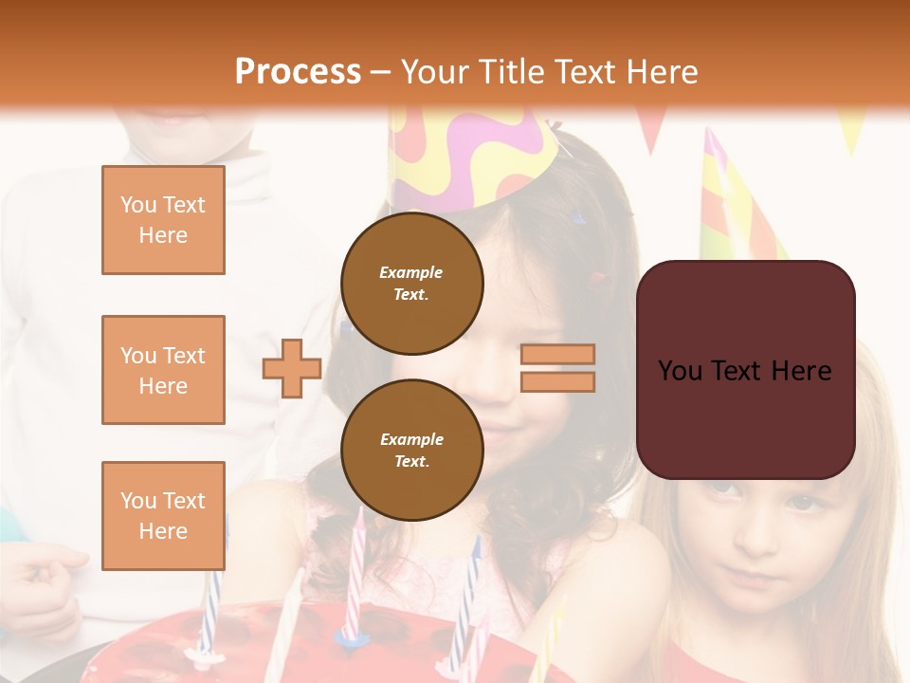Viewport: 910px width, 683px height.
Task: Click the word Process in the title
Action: tap(298, 72)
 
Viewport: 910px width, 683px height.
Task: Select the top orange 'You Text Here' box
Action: tap(163, 220)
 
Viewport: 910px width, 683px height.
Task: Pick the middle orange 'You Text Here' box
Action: tap(163, 370)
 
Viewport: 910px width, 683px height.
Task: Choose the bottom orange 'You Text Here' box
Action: tap(163, 516)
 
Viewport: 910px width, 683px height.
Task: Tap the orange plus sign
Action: tap(292, 369)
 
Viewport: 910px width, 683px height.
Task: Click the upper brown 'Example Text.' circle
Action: tap(412, 284)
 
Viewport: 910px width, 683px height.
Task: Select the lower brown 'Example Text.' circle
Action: tap(412, 451)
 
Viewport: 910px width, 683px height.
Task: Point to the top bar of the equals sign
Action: tap(557, 354)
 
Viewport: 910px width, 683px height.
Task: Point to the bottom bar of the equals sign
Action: tap(557, 381)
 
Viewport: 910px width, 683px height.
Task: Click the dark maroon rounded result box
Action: tap(745, 370)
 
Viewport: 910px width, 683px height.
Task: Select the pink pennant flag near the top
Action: tap(651, 128)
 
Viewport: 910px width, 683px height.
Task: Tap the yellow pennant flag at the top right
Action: tap(850, 128)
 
